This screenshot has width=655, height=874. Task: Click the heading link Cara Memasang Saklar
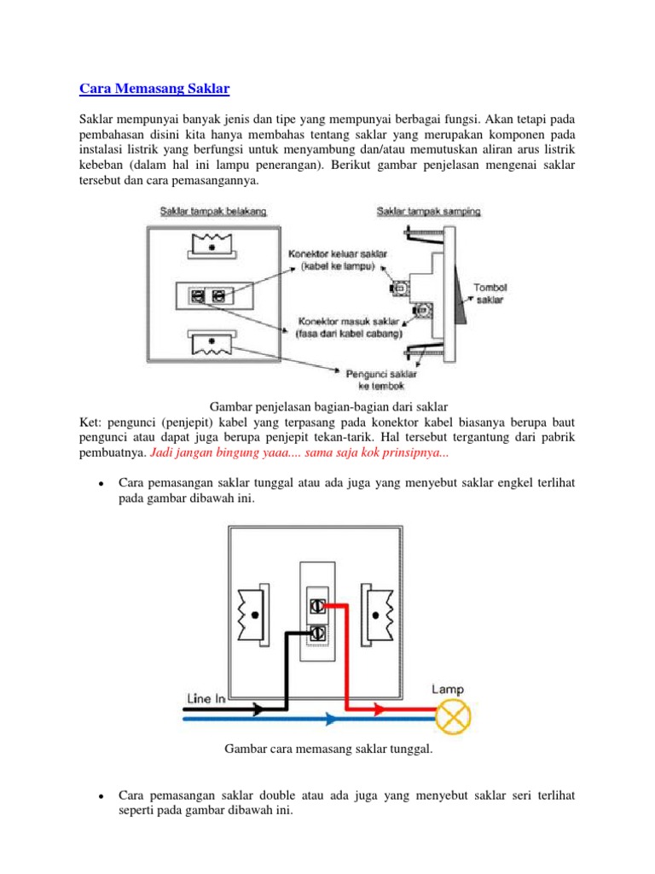[154, 89]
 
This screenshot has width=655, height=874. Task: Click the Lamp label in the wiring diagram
[447, 690]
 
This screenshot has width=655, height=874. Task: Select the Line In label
[206, 698]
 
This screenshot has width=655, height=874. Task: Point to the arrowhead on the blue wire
[331, 719]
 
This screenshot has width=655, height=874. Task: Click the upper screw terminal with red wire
[317, 606]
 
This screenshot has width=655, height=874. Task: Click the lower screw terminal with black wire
[317, 633]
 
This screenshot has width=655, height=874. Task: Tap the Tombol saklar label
[490, 294]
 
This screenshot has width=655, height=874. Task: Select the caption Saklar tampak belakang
[213, 212]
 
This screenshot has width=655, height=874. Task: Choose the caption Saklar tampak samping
[428, 212]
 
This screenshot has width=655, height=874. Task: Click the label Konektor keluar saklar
[338, 253]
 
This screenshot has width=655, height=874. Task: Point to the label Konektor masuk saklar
[349, 321]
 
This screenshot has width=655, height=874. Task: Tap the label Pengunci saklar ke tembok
[381, 380]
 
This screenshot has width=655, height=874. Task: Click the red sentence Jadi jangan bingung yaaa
[299, 452]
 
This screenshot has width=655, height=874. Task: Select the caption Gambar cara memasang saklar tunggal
[328, 749]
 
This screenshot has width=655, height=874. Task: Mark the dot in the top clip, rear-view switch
[212, 247]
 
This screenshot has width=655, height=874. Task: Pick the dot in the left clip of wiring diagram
[254, 615]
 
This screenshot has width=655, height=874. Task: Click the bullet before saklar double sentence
[101, 796]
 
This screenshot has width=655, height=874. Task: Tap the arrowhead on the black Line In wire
[258, 709]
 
